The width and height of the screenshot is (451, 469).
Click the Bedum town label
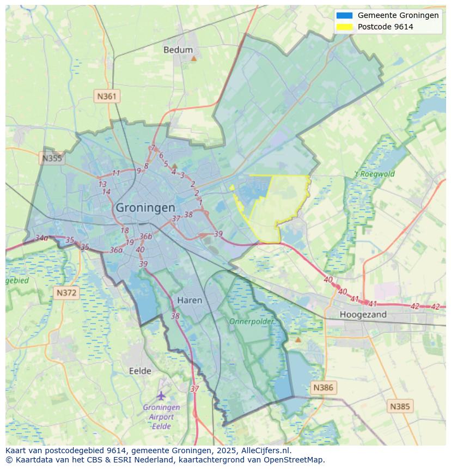point(178,50)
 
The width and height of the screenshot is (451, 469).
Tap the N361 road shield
point(107,96)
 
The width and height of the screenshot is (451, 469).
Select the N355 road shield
point(52,159)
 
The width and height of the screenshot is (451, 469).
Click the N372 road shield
point(67,293)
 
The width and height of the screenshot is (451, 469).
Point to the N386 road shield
point(322,388)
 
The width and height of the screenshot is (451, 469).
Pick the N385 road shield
point(400,406)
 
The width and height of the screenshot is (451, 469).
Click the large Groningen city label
point(145,208)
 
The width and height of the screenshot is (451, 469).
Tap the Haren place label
point(190,300)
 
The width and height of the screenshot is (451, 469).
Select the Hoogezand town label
point(363,314)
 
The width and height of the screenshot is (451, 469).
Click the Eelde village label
point(140,371)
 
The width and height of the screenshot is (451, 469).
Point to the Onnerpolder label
point(251,321)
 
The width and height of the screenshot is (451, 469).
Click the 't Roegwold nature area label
point(374,174)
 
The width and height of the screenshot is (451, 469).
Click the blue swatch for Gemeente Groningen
point(344,15)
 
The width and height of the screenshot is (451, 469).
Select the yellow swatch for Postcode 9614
point(344,27)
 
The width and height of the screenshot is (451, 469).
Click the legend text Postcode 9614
point(385,27)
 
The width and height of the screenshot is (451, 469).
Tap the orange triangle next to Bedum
point(193,58)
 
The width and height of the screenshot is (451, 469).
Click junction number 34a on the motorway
point(41,238)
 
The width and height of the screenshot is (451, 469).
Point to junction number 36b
point(145,236)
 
